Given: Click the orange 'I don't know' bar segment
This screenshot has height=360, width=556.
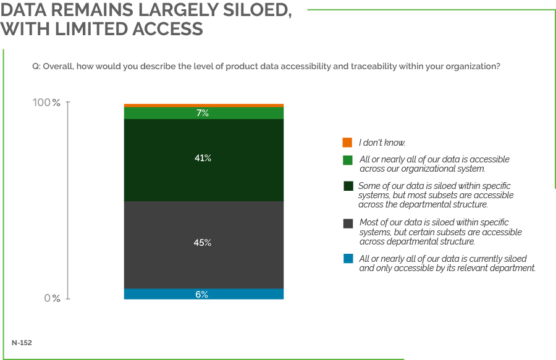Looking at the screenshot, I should [x=203, y=106].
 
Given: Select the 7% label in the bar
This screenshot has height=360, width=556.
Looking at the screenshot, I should [x=203, y=113].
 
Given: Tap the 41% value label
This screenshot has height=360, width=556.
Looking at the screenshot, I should [x=203, y=159].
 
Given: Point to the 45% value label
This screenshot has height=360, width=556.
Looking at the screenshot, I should [x=203, y=243].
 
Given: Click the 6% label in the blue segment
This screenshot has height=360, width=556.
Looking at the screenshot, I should [x=202, y=295].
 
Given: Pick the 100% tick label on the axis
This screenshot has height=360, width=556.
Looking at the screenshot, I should [x=47, y=103].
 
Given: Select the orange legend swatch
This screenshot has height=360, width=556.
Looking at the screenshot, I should [x=347, y=143].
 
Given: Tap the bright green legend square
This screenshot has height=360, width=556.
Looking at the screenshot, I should [x=347, y=160].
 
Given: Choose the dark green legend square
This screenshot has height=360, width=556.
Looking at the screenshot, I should [x=347, y=186].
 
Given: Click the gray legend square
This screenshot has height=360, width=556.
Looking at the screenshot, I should [x=347, y=223].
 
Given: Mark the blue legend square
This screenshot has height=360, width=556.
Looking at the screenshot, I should [x=347, y=259].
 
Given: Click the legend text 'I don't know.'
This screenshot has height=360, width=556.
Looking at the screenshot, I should [x=382, y=143].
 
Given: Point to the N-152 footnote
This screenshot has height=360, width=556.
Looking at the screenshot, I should [x=22, y=341].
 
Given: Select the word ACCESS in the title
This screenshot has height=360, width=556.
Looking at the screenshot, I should [x=167, y=29].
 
